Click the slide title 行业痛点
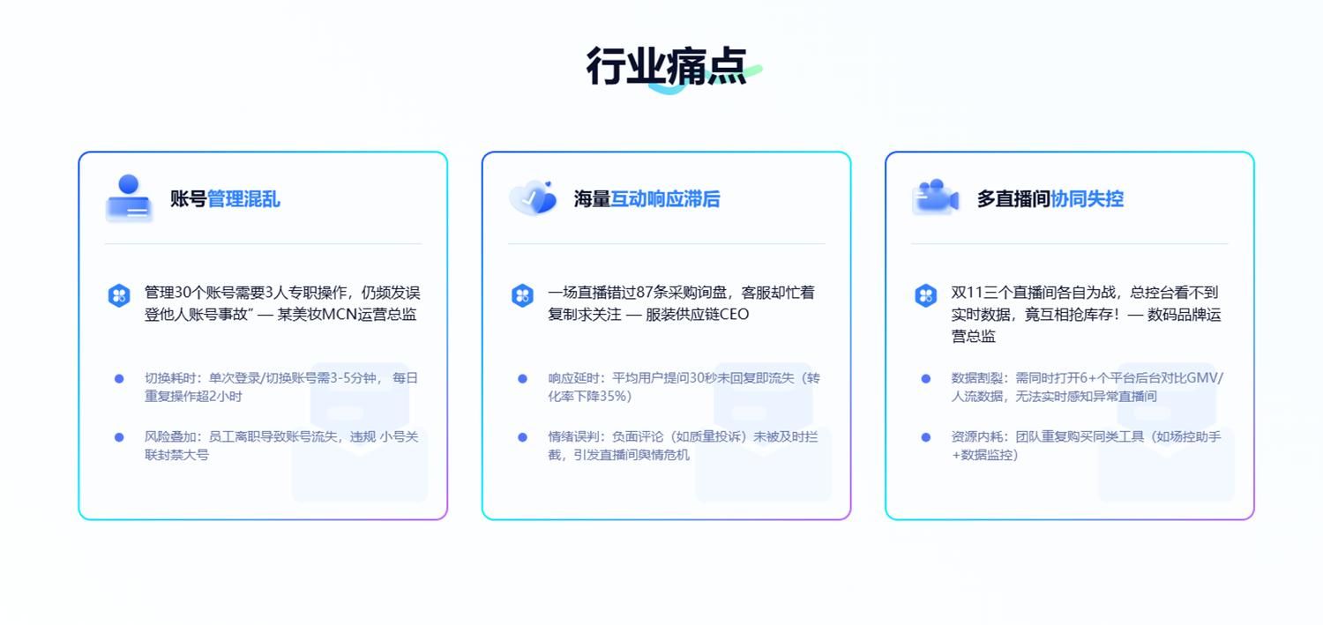[666, 67]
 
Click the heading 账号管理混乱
[225, 199]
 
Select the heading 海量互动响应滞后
[647, 199]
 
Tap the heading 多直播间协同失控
[1050, 199]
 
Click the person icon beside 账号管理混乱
[129, 198]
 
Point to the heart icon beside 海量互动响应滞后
[533, 198]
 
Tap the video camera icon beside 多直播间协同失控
[935, 198]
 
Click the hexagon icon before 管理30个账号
[119, 295]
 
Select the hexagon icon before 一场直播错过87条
[522, 295]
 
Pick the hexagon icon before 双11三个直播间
[925, 295]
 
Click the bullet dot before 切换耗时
[119, 379]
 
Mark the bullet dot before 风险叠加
[119, 437]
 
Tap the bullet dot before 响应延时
[522, 379]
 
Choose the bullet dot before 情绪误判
[522, 437]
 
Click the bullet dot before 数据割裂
[925, 379]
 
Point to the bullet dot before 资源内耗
[925, 437]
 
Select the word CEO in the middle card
[734, 314]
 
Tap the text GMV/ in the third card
[1205, 378]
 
